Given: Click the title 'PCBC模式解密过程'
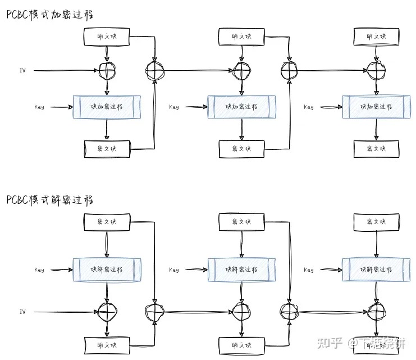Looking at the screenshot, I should (x=51, y=199).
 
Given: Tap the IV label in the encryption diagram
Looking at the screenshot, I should (x=22, y=71).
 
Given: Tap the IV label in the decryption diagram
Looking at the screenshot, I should (x=22, y=312).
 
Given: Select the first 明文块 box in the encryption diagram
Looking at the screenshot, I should (x=107, y=37).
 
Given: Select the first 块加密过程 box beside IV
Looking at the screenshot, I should (x=107, y=107).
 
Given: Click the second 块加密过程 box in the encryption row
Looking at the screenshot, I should (x=241, y=107).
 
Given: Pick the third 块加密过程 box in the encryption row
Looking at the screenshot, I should (x=376, y=107).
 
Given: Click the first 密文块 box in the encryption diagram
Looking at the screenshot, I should (x=107, y=149).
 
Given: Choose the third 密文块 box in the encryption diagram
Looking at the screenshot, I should (x=376, y=149).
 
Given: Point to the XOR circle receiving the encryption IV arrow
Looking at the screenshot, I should (x=107, y=70).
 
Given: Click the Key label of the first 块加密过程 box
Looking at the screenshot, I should (x=39, y=107).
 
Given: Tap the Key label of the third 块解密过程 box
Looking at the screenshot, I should (x=309, y=270).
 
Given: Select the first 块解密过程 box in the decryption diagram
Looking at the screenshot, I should (x=107, y=269).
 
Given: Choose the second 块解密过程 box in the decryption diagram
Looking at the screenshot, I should (x=241, y=269).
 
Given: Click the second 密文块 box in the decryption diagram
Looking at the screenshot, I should (x=241, y=222).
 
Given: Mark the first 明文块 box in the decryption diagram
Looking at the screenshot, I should (x=107, y=343).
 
